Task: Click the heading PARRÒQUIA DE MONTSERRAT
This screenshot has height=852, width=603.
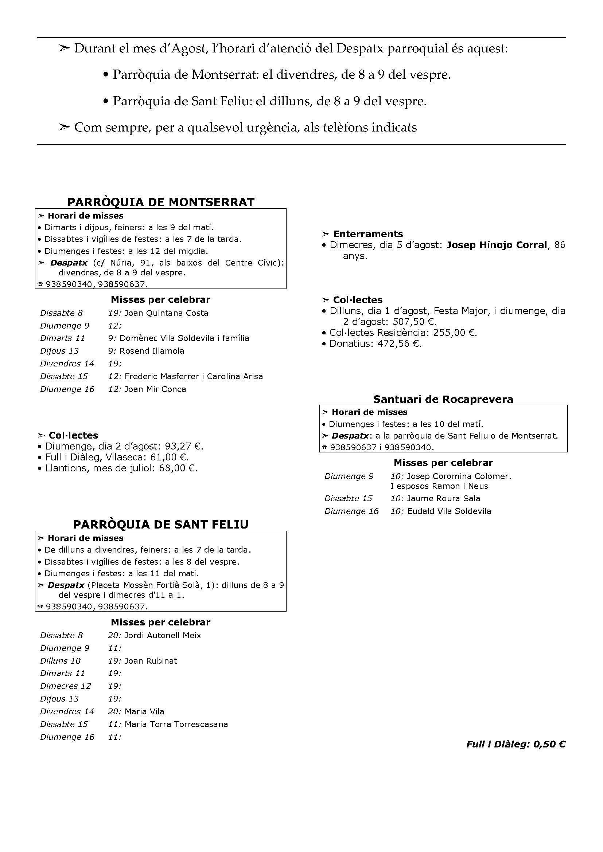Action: [161, 202]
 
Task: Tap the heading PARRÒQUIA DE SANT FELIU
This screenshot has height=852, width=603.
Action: [161, 524]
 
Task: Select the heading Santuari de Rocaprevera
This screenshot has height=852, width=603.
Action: [443, 399]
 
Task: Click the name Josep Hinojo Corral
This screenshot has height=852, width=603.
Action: [497, 245]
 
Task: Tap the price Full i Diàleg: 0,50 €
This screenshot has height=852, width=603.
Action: [516, 744]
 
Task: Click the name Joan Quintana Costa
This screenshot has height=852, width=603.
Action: [166, 313]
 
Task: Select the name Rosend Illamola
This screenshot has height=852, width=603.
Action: [152, 351]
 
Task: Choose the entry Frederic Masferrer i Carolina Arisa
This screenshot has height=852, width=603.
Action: [194, 376]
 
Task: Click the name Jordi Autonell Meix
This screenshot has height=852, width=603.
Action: [163, 635]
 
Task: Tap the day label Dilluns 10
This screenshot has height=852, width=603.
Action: [60, 661]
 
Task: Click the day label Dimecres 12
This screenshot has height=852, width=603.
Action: [65, 686]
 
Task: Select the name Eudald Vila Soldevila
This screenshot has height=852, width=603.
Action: [449, 511]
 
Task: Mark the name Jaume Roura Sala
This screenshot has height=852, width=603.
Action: [443, 498]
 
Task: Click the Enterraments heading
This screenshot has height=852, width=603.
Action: [367, 234]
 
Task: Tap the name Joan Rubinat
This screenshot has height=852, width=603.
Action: [151, 661]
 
